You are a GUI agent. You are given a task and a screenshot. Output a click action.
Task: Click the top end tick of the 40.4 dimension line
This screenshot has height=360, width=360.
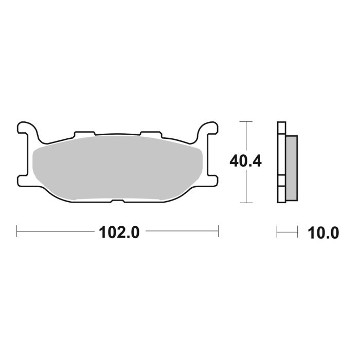247,122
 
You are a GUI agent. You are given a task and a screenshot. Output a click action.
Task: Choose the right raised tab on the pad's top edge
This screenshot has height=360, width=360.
151,134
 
